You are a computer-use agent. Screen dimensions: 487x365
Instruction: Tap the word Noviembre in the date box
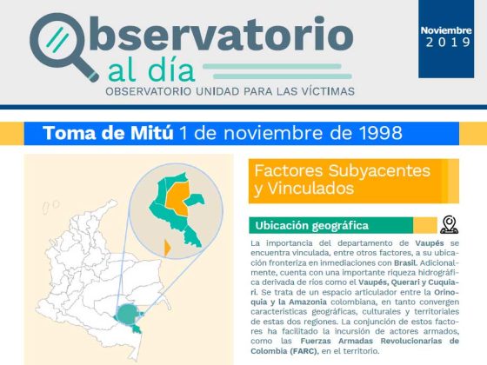pyautogui.click(x=446, y=30)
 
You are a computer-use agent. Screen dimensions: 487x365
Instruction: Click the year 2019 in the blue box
pyautogui.click(x=448, y=43)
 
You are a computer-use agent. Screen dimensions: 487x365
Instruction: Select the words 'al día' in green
pyautogui.click(x=151, y=70)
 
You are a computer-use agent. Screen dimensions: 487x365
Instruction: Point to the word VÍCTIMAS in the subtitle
pyautogui.click(x=328, y=91)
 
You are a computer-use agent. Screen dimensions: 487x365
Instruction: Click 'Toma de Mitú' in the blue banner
pyautogui.click(x=108, y=133)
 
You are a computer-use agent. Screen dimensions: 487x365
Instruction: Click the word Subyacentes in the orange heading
pyautogui.click(x=379, y=171)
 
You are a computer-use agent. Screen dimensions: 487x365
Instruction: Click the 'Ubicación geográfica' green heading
pyautogui.click(x=312, y=226)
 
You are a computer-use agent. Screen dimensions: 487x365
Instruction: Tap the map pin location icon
pyautogui.click(x=449, y=225)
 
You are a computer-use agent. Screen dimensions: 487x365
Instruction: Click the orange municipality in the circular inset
pyautogui.click(x=177, y=199)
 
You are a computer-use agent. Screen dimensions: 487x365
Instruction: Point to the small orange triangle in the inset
pyautogui.click(x=167, y=248)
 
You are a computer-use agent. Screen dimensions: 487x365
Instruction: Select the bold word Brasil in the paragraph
pyautogui.click(x=405, y=262)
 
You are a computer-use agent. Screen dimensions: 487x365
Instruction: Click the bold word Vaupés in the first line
pyautogui.click(x=430, y=243)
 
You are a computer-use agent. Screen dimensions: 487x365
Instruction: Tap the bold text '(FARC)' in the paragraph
pyautogui.click(x=304, y=351)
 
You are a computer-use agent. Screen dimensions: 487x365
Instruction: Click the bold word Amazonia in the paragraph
pyautogui.click(x=308, y=302)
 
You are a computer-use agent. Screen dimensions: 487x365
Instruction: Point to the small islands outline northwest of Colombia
pyautogui.click(x=50, y=207)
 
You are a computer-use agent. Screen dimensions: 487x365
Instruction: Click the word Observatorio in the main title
pyautogui.click(x=191, y=34)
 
